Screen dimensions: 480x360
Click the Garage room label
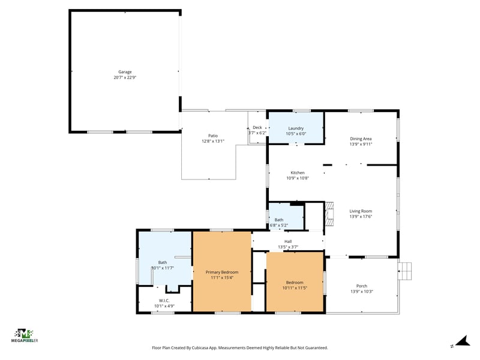click(x=125, y=72)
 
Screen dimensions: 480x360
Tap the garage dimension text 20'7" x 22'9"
click(x=125, y=77)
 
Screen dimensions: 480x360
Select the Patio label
click(x=213, y=136)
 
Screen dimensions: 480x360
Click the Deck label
click(x=257, y=127)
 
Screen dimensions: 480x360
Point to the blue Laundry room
click(x=296, y=128)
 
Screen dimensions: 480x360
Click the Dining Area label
click(x=361, y=139)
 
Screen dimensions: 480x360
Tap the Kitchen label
click(x=298, y=173)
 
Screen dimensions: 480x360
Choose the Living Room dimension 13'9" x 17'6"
click(x=361, y=217)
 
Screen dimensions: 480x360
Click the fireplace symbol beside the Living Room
click(x=329, y=214)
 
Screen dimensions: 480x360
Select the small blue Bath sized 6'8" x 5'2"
click(x=286, y=216)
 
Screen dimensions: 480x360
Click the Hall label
click(x=288, y=242)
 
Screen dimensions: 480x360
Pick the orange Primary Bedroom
click(x=222, y=272)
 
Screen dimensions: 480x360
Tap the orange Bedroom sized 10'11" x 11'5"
click(x=295, y=281)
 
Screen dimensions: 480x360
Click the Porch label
click(x=362, y=286)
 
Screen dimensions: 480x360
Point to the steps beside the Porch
click(x=404, y=271)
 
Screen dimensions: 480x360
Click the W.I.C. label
click(x=164, y=301)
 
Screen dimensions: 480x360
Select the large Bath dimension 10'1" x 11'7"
click(x=163, y=268)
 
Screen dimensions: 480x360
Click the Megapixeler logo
click(x=25, y=335)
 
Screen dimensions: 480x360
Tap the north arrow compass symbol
click(x=463, y=341)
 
